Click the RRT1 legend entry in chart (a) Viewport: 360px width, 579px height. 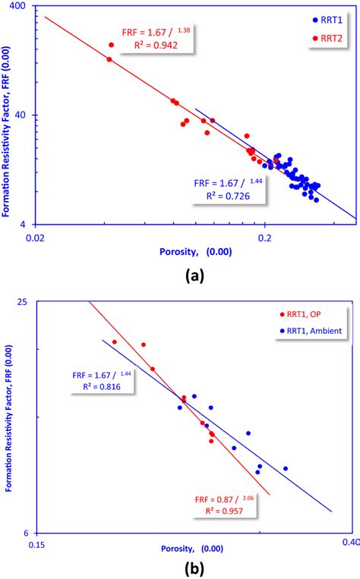(328, 19)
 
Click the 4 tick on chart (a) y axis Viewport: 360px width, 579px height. (23, 225)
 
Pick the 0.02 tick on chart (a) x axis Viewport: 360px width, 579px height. (35, 238)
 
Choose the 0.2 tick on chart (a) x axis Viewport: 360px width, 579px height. (264, 238)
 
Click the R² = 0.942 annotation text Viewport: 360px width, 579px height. (147, 45)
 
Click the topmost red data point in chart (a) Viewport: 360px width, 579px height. (111, 45)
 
